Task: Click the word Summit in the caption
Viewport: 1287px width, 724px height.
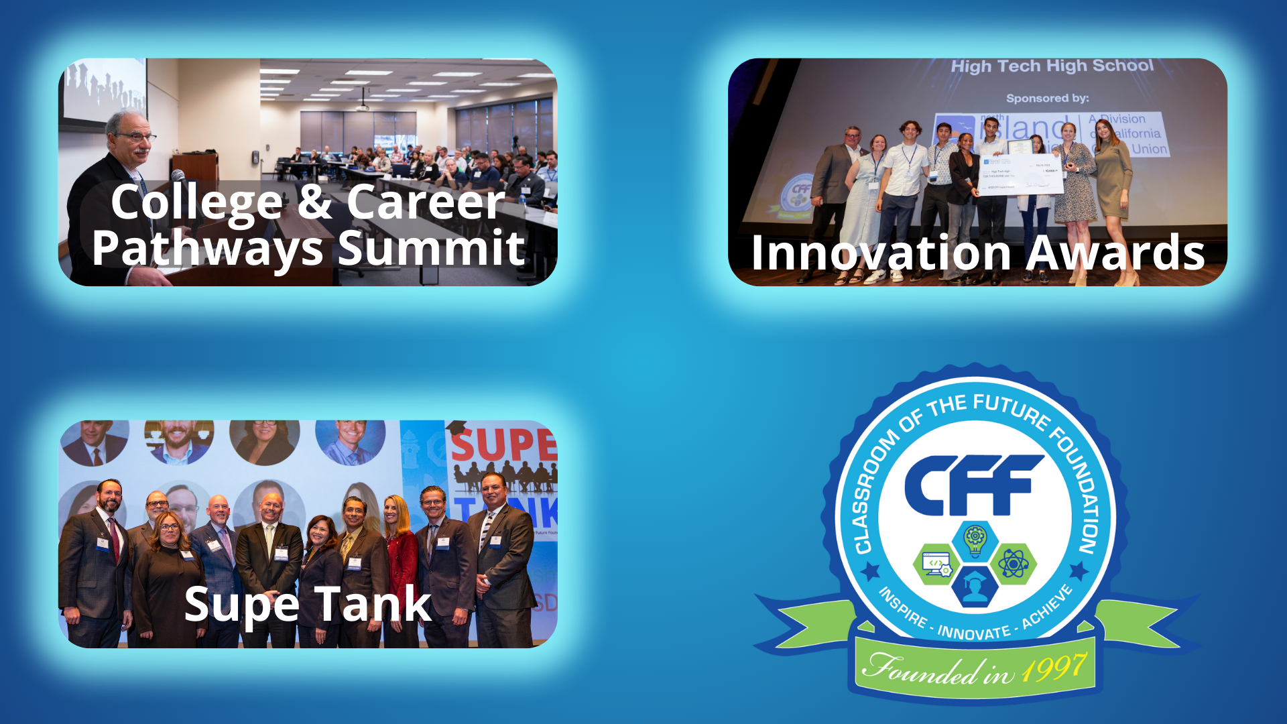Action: pos(431,249)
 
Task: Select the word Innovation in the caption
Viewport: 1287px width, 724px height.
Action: pos(881,253)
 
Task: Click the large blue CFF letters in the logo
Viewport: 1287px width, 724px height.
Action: pos(973,485)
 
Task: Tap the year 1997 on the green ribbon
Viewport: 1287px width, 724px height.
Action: pos(1053,668)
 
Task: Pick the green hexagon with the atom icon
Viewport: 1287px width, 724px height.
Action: pos(1013,564)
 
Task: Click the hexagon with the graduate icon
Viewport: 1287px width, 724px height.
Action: pos(975,587)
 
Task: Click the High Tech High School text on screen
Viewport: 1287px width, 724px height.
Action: pos(1052,66)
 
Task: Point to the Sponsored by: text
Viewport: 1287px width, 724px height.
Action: pos(1047,98)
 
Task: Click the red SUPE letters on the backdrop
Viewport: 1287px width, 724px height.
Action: pos(503,444)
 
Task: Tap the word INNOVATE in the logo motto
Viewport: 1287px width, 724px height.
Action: pos(973,632)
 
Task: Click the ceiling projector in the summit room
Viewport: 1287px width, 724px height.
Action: pos(363,107)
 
